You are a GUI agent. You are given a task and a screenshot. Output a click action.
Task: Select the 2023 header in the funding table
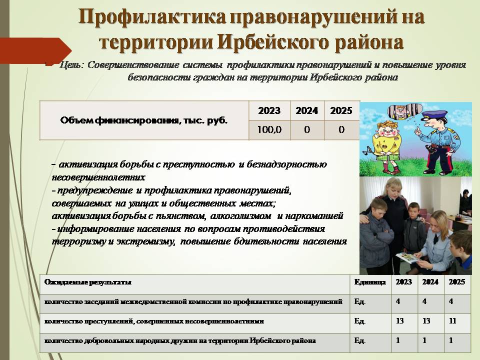(269, 110)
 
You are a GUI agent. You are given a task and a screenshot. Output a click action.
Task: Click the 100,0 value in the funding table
(269, 130)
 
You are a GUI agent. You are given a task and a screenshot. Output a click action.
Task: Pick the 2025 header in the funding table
(341, 110)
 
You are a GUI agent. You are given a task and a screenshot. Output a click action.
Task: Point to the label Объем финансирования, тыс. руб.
(144, 120)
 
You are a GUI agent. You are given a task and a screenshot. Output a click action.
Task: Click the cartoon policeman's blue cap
(431, 115)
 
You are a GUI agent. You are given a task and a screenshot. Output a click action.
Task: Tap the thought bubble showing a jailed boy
(404, 112)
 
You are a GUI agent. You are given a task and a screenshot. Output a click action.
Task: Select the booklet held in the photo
(408, 257)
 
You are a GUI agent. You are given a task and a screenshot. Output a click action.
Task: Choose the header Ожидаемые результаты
(88, 282)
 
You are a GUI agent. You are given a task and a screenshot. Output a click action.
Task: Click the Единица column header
(370, 282)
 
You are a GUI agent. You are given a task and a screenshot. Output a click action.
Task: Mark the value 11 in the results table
(452, 321)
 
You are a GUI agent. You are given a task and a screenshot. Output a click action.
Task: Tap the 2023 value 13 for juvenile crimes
(400, 321)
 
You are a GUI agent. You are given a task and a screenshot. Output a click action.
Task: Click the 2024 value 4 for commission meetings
(424, 301)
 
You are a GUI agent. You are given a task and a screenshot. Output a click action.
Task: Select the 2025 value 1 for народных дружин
(450, 340)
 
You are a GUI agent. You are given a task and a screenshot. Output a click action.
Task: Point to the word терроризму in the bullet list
(78, 241)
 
